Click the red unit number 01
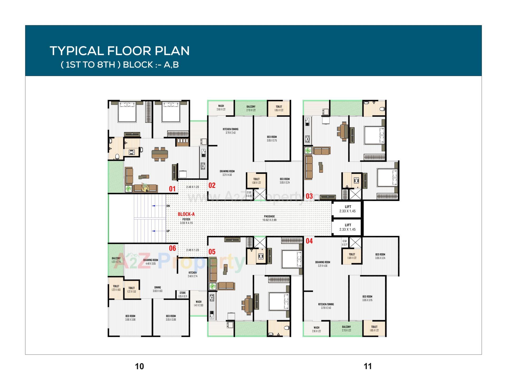tap(172, 189)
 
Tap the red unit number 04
tap(309, 241)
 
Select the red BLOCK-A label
tap(186, 214)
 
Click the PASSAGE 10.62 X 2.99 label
tap(269, 218)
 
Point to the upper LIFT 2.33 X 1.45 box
tap(348, 209)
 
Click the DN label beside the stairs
tap(168, 206)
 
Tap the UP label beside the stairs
tap(168, 231)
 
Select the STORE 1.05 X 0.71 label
tap(182, 294)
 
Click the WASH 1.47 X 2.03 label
tap(199, 303)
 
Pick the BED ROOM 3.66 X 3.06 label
tap(130, 317)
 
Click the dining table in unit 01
tap(160, 154)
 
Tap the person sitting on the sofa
tap(145, 187)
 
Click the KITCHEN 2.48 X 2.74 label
tap(193, 274)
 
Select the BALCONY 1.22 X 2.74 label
tap(116, 260)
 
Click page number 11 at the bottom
tap(368, 366)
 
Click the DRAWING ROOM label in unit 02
tap(227, 173)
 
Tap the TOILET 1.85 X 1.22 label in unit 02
tap(279, 108)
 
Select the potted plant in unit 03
tap(308, 151)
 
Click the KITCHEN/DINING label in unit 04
tap(326, 306)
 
